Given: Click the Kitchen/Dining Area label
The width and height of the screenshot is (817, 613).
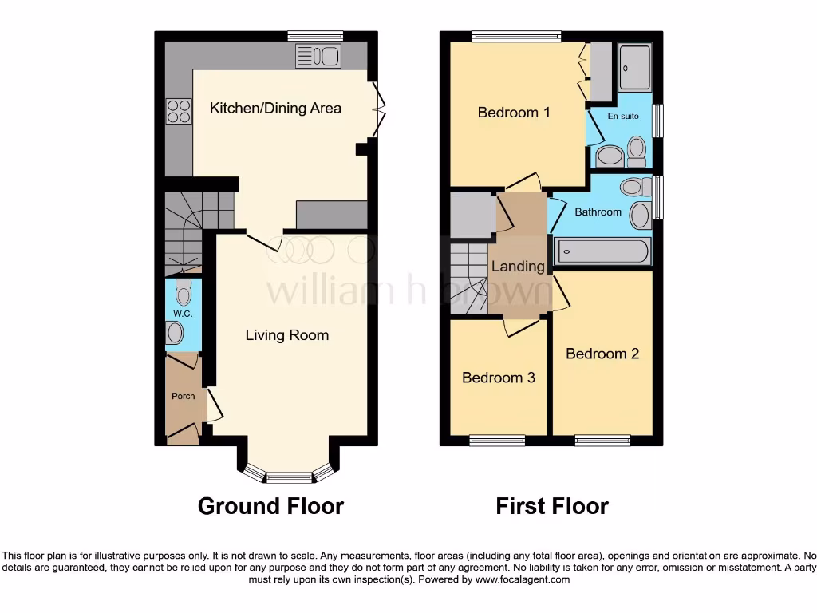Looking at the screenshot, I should click(275, 108).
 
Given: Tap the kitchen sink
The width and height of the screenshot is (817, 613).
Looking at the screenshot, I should click(318, 56).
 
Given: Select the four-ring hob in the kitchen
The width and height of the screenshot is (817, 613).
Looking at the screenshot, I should click(178, 111).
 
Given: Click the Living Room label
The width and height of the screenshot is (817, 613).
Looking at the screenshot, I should click(286, 335).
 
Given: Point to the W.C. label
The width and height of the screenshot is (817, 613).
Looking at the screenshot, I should click(183, 314).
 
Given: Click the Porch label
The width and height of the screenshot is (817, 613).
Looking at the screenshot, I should click(183, 396).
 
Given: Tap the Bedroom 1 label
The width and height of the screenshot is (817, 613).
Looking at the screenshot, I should click(514, 113).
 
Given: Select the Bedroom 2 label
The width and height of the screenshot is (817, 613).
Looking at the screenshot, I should click(602, 354).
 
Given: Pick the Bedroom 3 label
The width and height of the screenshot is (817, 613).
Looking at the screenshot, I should click(499, 378).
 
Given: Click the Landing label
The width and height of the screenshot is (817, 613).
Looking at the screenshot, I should click(518, 267).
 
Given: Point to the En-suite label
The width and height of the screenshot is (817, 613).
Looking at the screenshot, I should click(623, 117).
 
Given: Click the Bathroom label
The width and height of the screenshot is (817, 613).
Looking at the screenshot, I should click(598, 212).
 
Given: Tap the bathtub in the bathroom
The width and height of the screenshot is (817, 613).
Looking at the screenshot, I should click(603, 251).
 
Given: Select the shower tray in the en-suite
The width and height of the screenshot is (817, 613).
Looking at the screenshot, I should click(635, 67).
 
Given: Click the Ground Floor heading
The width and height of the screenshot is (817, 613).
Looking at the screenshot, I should click(270, 506).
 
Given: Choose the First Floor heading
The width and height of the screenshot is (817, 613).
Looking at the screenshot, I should click(552, 506).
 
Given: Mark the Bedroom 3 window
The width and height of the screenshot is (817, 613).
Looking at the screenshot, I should click(496, 440).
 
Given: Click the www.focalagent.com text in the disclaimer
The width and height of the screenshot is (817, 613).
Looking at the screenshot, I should click(522, 580).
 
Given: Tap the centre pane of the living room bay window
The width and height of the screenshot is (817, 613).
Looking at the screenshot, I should click(289, 477).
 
